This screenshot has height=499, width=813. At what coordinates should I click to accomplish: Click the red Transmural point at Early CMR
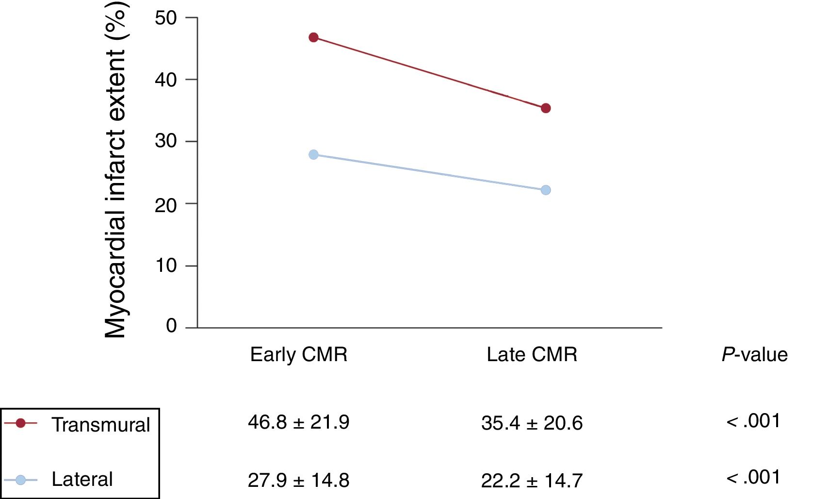313,37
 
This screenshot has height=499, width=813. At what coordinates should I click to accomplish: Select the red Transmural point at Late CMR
546,108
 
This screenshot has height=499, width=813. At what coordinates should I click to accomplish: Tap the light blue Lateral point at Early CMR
313,154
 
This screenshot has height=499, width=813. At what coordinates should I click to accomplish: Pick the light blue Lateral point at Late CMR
546,190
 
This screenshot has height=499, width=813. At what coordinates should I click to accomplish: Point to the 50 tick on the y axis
166,18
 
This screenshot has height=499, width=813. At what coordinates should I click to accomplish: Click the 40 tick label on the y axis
166,80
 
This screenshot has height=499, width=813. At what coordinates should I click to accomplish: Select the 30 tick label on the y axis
166,141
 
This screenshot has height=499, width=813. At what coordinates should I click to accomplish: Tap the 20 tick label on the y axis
166,205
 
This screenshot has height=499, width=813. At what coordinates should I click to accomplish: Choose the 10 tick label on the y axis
166,266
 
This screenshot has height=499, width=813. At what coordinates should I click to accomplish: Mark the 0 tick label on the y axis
171,326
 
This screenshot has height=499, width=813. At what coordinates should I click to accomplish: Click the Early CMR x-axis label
299,355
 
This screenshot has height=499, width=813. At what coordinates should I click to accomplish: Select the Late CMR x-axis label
532,355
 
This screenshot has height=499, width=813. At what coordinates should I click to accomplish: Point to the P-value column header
754,355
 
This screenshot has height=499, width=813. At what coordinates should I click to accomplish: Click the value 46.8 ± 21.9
298,422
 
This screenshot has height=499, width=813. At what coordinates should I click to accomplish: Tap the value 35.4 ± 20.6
532,423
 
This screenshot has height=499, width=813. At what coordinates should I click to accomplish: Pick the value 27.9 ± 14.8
298,481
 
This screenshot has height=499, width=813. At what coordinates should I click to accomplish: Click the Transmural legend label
101,425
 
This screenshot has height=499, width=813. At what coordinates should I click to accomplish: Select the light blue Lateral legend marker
20,480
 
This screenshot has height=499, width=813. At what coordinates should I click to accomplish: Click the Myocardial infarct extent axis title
115,170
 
